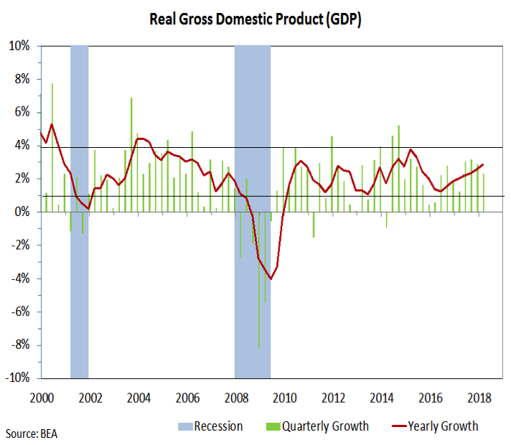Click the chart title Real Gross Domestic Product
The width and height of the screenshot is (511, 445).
255,19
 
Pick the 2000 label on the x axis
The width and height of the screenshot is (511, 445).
42,397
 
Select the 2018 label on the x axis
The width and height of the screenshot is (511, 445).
479,397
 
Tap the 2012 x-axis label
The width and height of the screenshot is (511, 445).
333,397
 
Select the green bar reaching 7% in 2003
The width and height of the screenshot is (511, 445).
131,154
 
